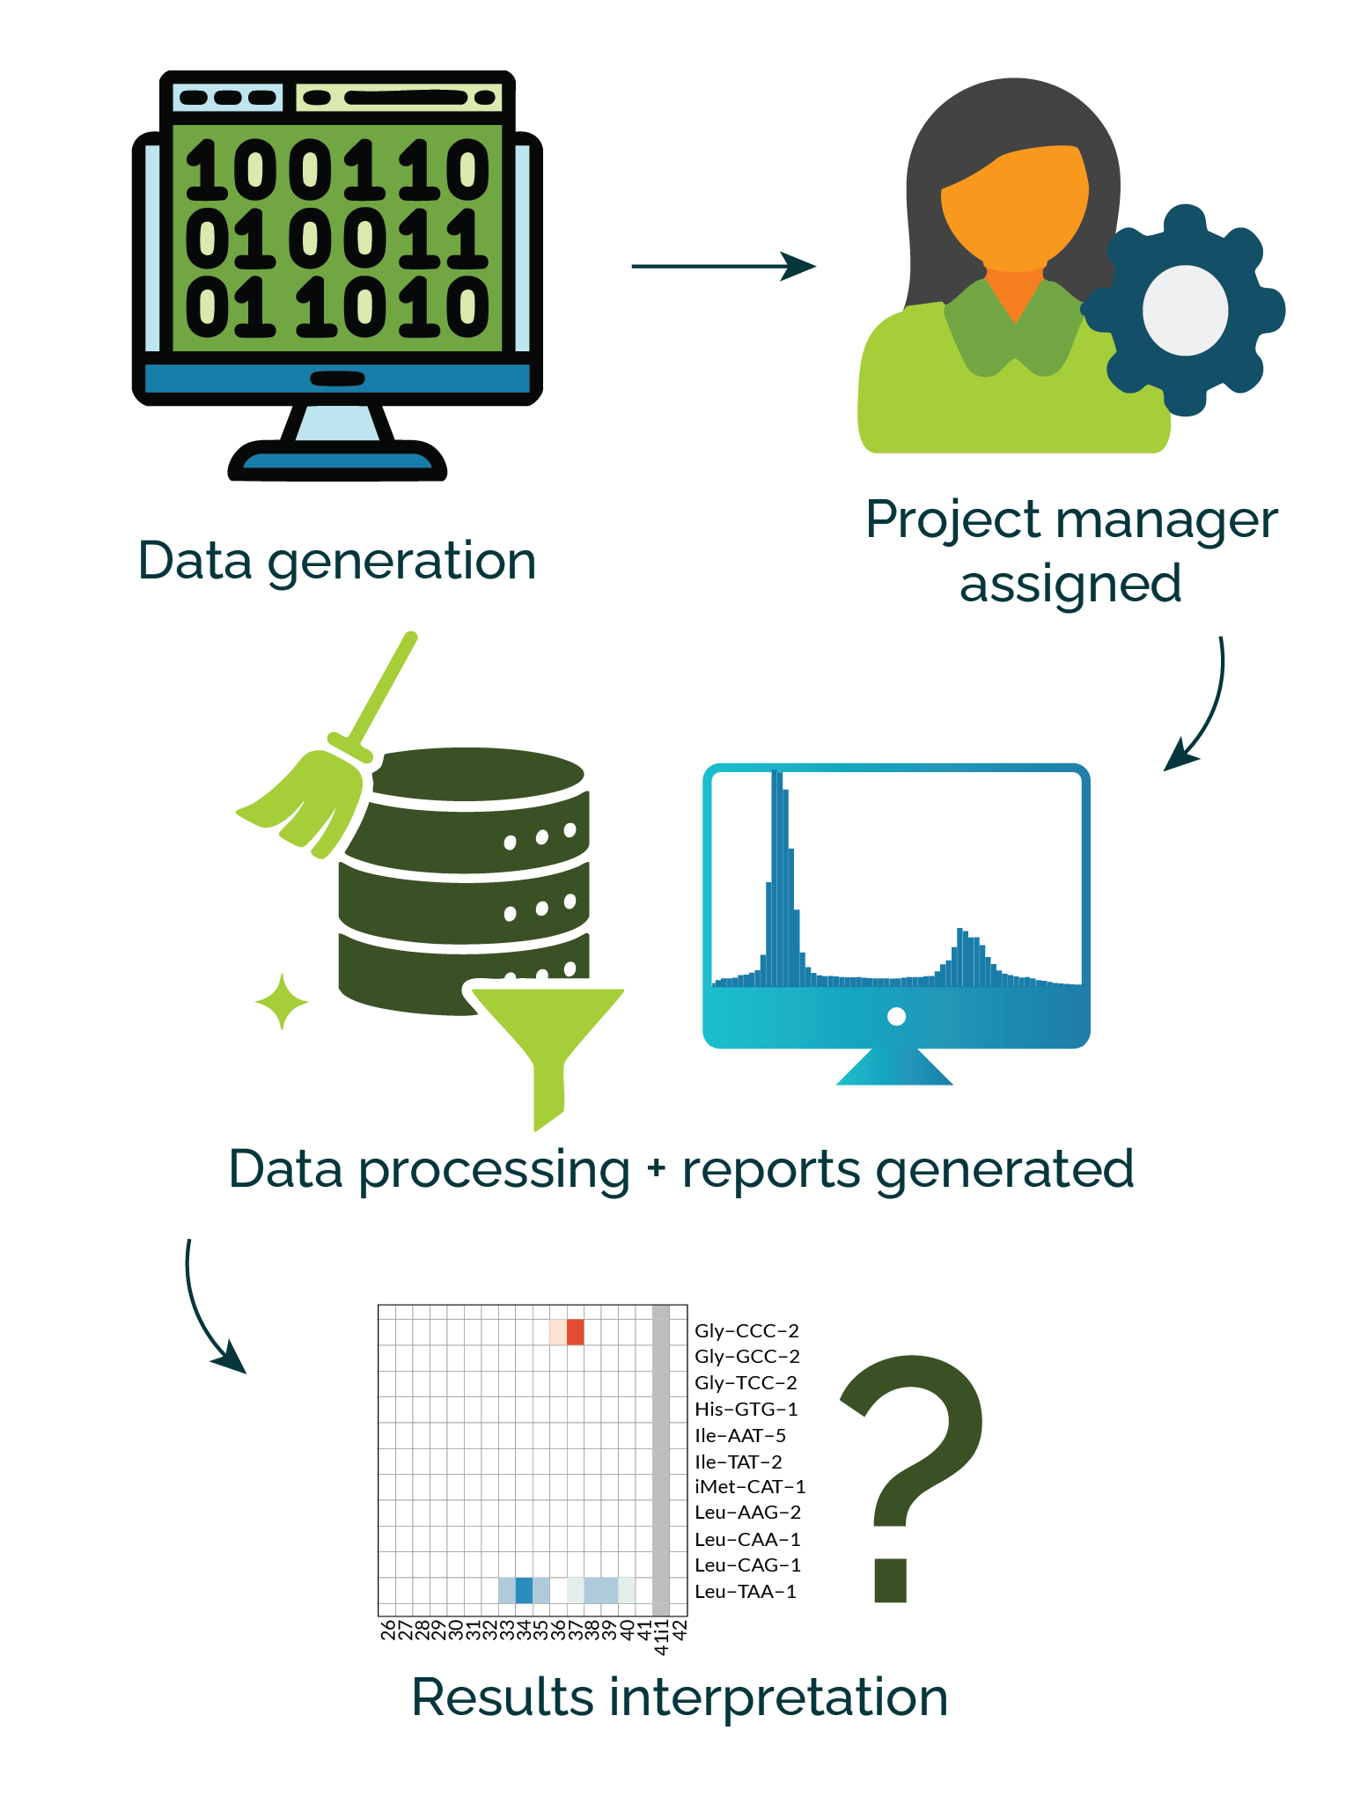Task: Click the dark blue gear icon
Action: pos(1184,310)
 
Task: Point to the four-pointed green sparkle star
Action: pos(281,1002)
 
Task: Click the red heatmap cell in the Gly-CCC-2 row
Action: pos(575,1331)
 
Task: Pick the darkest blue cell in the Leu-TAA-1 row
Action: pos(524,1591)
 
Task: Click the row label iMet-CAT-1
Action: pos(750,1487)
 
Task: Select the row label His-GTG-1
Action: pos(746,1409)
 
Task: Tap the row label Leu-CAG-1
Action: pos(747,1565)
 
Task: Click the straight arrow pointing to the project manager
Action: pos(723,266)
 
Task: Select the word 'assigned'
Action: pos(1070,585)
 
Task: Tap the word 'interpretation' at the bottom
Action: pos(778,1697)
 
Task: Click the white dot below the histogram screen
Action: pos(896,1017)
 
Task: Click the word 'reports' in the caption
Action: pos(771,1170)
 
